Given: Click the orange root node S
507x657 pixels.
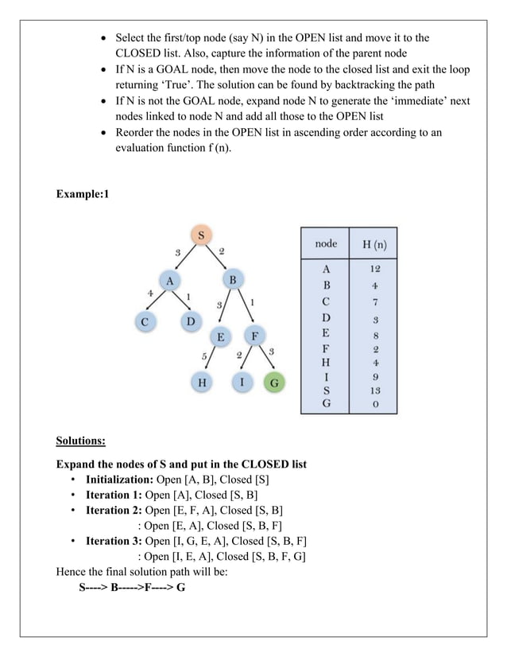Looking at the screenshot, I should click(201, 235).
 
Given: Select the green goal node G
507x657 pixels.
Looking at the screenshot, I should click(275, 383).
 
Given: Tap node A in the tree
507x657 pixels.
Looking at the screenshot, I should click(168, 281).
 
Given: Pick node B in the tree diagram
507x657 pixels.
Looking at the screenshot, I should click(233, 280).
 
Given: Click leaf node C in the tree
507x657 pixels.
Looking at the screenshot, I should click(145, 322).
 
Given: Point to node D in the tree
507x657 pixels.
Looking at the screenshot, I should click(191, 322).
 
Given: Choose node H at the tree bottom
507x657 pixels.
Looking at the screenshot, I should click(202, 383).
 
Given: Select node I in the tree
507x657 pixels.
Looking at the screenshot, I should click(242, 383).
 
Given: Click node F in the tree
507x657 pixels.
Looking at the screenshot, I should click(254, 336).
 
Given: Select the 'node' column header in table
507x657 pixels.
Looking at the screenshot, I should click(326, 243).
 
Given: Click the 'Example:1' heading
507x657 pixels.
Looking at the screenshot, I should click(81, 194).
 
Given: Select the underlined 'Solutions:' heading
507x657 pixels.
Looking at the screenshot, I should click(80, 440).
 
